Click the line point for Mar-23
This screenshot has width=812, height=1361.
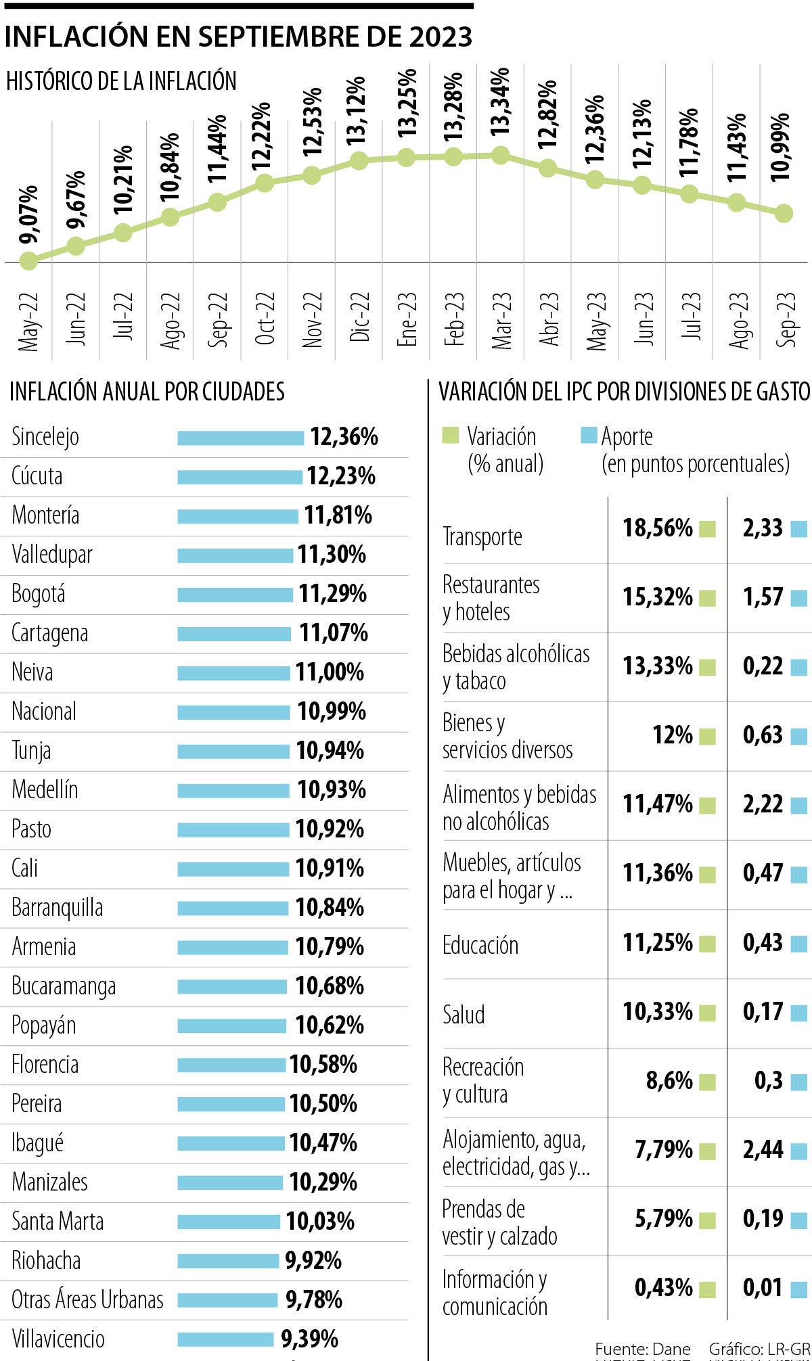500,156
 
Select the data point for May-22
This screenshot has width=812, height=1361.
28,260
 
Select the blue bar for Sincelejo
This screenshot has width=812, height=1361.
241,438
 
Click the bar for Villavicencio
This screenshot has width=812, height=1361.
225,1339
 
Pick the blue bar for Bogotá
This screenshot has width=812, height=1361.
235,595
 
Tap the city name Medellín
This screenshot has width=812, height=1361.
45,789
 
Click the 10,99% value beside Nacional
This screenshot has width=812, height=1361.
332,712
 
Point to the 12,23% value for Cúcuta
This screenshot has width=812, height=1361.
341,476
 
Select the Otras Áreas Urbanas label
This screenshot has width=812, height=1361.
87,1299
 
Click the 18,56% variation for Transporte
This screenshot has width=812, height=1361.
658,528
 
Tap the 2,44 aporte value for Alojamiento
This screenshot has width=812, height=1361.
763,1149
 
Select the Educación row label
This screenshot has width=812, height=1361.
480,945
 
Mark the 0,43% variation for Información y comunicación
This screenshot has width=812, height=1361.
663,1287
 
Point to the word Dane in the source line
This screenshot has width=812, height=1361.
672,1350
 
